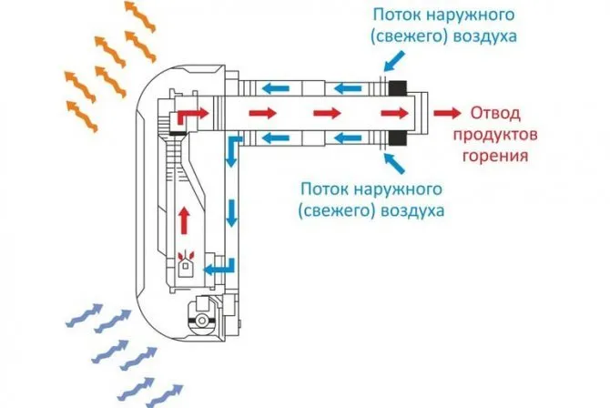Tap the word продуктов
495,136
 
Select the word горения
495,156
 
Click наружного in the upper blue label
471,15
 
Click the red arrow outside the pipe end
447,113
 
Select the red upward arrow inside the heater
185,220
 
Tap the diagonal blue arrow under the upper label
394,62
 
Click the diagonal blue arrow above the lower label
394,163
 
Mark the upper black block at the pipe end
397,87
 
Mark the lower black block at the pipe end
397,138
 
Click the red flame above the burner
186,255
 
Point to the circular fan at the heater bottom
202,321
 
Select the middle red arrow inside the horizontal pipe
327,113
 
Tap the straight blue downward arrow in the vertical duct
232,213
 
